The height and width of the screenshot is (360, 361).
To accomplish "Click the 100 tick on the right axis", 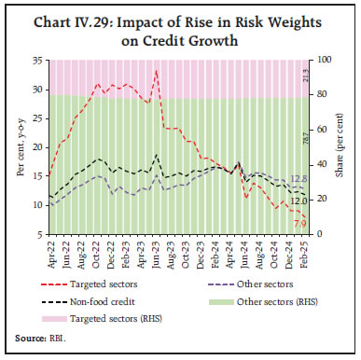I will click(x=321, y=60).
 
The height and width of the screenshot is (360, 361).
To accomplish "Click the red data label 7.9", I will click(x=299, y=224).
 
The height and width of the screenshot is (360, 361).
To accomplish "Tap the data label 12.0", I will click(x=299, y=200).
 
